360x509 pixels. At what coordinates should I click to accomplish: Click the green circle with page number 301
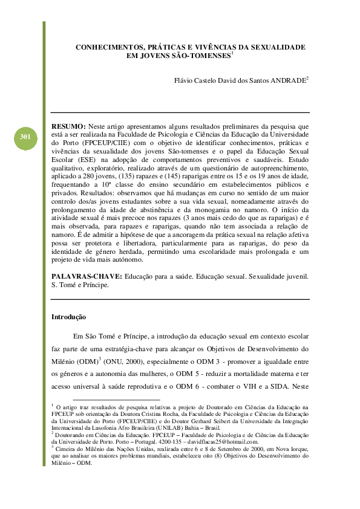point(25,138)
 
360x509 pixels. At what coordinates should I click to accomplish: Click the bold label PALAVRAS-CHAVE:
point(87,276)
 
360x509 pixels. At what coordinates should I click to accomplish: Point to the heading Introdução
point(68,317)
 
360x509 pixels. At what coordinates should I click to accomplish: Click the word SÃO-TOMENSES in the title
point(195,56)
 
